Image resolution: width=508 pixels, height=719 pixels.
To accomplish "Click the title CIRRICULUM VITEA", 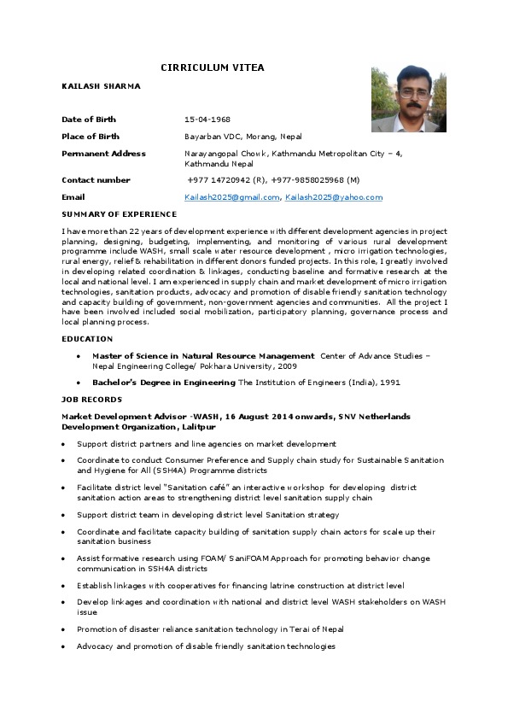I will [x=213, y=67].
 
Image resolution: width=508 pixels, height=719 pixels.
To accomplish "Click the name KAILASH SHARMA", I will [x=102, y=87].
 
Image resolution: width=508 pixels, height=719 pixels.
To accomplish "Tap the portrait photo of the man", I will [x=409, y=99].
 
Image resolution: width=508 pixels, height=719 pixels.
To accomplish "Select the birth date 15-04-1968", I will [x=207, y=120].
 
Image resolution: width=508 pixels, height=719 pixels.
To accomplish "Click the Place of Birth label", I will [x=91, y=137].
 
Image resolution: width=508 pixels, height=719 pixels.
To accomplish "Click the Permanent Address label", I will [x=103, y=154].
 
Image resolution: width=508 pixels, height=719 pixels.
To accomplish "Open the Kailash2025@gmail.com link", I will [x=232, y=197].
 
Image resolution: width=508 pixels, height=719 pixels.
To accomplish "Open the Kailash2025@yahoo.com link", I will [x=334, y=197].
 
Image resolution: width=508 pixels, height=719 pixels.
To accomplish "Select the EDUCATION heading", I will [x=87, y=339].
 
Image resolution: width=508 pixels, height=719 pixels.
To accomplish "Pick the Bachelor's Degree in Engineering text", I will [x=164, y=383].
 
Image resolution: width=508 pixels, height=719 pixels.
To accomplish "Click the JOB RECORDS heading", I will [x=91, y=400].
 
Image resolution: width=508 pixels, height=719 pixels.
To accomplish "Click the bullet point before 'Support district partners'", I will [x=65, y=444].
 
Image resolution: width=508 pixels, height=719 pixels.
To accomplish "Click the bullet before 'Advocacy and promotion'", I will [x=65, y=646].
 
